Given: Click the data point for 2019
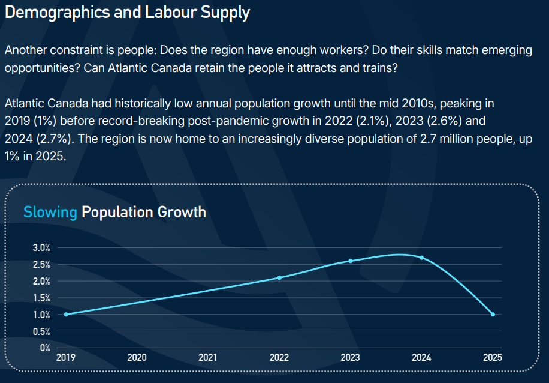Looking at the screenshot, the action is click(66, 314).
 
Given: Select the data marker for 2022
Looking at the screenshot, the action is click(279, 277).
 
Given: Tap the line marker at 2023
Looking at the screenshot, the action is click(351, 261).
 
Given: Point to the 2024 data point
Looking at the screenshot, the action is click(421, 258).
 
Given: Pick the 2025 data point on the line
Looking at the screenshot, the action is click(493, 314).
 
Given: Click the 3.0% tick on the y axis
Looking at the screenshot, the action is click(42, 247).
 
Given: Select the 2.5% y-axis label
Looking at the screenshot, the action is click(42, 265).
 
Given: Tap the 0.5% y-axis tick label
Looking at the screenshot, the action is click(42, 331).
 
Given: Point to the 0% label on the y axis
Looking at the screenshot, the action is click(45, 348).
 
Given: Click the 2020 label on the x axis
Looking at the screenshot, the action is click(137, 357).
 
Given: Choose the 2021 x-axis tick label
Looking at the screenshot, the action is click(207, 357).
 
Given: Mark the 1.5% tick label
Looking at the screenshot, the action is click(42, 298).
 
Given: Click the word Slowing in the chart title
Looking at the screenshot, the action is click(50, 212).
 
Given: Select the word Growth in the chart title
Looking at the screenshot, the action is click(182, 212).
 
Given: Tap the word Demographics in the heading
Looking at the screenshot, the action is click(58, 13).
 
